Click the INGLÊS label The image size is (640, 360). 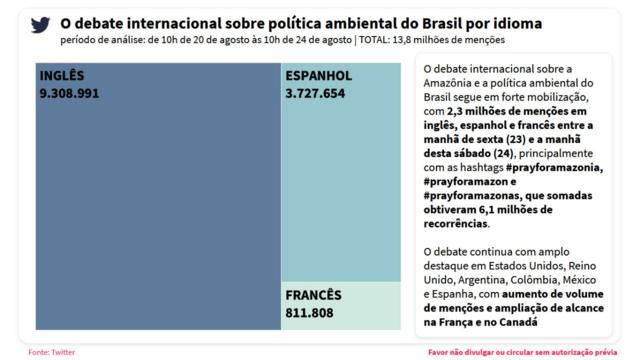[x=62, y=76]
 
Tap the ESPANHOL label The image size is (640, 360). [x=318, y=76]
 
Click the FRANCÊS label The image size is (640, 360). [x=314, y=295]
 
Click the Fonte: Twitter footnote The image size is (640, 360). [x=51, y=352]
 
